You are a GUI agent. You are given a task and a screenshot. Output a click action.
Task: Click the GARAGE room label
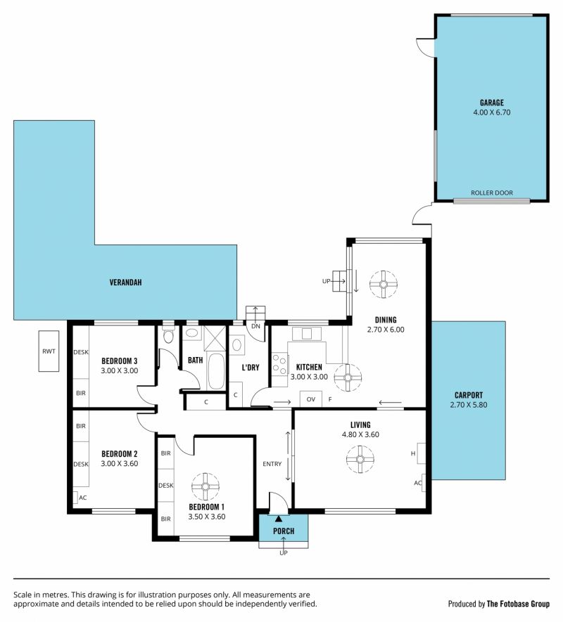pos(491,103)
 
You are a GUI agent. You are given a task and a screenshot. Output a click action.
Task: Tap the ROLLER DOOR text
pos(491,193)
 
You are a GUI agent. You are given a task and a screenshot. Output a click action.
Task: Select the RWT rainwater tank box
pos(49,351)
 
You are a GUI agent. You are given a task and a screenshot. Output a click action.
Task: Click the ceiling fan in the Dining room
pos(384,285)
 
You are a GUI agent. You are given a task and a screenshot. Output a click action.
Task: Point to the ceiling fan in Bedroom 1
pos(205,487)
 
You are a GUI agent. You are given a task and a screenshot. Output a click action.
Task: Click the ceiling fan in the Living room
pos(360,460)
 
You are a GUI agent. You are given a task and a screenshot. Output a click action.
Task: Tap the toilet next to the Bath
pos(168,335)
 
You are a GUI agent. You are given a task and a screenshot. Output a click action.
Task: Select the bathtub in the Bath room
pos(216,371)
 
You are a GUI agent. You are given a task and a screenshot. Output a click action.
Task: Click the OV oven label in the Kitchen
pos(311,399)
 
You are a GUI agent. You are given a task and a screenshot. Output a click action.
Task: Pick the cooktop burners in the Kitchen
pos(279,365)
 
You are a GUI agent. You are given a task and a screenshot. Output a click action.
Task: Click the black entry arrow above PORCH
pos(279,519)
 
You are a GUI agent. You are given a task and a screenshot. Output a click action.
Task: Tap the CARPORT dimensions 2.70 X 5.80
pos(469,405)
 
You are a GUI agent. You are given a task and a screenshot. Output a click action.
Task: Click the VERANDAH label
pos(125,283)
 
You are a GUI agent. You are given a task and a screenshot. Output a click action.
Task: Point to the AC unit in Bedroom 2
pos(75,498)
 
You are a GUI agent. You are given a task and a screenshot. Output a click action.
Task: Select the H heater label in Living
pos(413,453)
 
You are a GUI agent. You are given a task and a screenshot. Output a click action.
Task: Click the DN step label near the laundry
pos(255,326)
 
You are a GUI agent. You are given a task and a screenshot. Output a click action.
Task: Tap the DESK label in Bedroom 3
pos(81,352)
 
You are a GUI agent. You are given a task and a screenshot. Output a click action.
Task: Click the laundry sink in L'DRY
pos(236,344)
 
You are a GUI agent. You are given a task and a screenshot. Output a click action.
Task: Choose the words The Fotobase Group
pos(518,604)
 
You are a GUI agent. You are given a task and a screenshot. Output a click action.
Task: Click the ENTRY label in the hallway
pos(272,464)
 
